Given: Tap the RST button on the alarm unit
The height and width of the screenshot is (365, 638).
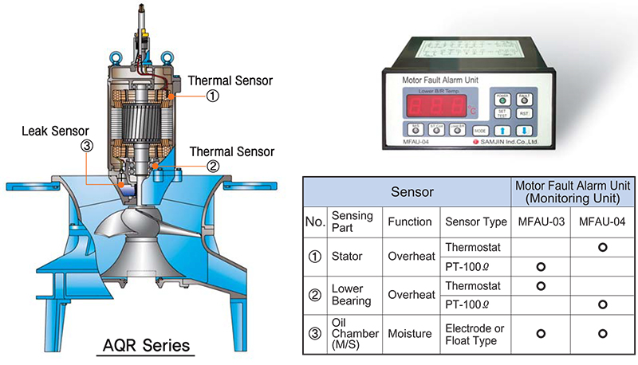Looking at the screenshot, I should [524, 114].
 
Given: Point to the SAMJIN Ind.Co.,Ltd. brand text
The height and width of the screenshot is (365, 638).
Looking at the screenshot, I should [510, 143].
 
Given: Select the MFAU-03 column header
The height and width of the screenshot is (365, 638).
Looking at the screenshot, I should [540, 221].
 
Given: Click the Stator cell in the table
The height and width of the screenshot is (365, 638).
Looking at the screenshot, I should [345, 257].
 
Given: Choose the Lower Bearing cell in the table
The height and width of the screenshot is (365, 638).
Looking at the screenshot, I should [349, 295].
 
